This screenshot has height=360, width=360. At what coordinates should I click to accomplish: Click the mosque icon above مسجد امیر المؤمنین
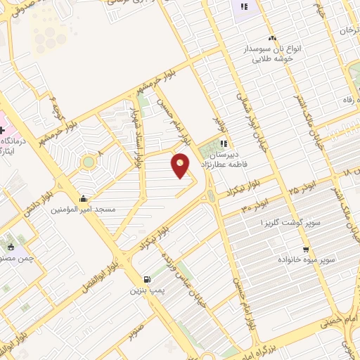pyautogui.click(x=84, y=198)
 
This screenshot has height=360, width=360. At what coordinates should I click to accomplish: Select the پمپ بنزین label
pyautogui.click(x=148, y=290)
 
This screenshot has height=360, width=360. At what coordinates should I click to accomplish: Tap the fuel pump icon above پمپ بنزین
pyautogui.click(x=146, y=279)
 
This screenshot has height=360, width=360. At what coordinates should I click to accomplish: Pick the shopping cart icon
pyautogui.click(x=305, y=249)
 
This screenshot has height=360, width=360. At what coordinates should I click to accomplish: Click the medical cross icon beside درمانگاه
pyautogui.click(x=4, y=130)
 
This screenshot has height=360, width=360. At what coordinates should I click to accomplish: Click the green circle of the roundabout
pyautogui.click(x=88, y=162)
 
